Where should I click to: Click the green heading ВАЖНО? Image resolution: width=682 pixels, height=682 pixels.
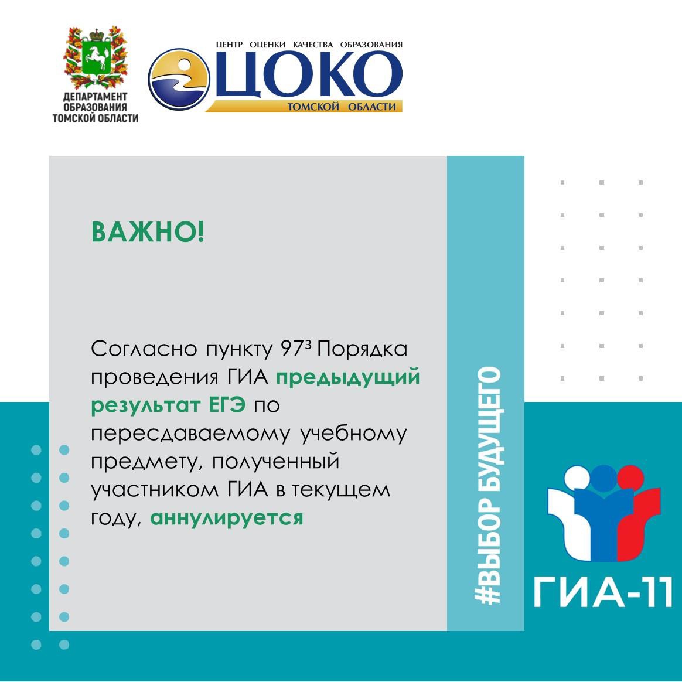[148, 232]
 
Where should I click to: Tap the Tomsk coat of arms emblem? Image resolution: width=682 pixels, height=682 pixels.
[96, 57]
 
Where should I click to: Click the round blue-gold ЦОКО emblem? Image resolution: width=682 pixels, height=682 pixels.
[179, 79]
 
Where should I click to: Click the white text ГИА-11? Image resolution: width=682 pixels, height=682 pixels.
[603, 592]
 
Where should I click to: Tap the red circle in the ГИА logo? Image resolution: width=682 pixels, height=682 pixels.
[630, 478]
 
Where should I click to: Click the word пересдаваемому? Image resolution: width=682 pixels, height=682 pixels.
[190, 434]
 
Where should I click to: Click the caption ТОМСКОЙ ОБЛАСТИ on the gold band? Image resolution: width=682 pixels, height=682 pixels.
[342, 107]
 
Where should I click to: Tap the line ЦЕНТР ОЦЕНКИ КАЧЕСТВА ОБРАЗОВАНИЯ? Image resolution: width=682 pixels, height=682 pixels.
[309, 45]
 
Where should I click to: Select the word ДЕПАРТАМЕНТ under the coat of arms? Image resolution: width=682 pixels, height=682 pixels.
[96, 97]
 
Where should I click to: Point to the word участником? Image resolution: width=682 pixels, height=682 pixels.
[155, 490]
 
